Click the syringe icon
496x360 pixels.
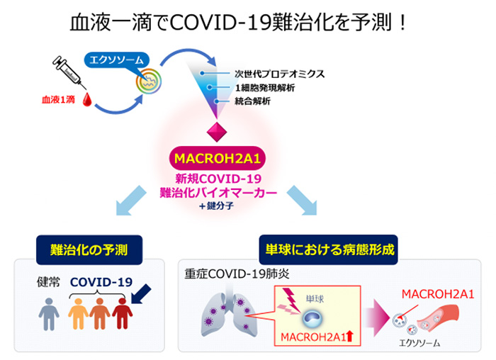pos(68,72)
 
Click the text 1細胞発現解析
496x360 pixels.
pos(265,87)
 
